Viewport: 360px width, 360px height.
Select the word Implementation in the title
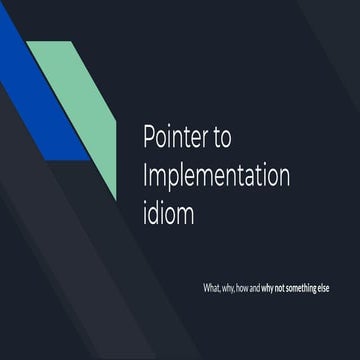point(216,177)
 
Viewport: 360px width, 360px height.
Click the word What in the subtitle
point(212,289)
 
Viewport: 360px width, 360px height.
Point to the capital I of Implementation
point(146,176)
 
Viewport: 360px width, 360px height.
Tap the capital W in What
point(206,289)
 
